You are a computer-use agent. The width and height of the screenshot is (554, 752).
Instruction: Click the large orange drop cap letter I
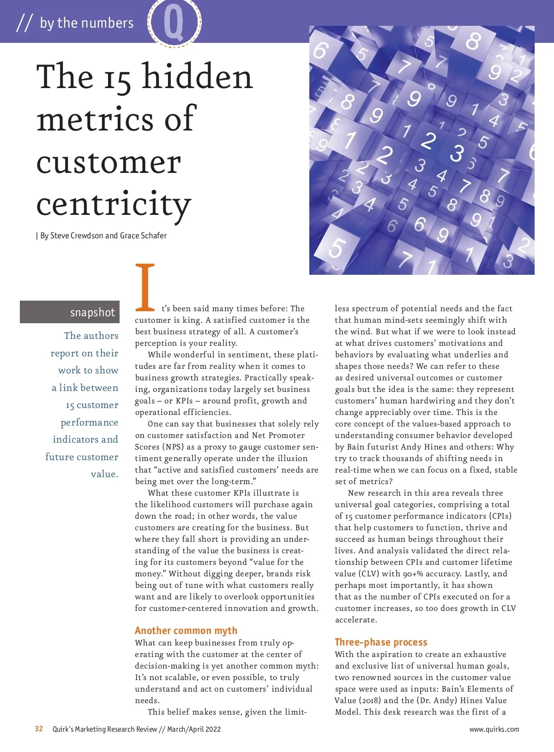click(145, 287)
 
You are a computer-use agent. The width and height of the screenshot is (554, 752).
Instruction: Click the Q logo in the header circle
click(174, 22)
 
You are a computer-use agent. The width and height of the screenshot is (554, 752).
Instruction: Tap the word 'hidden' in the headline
click(198, 77)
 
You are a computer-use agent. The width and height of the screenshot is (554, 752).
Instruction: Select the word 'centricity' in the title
click(114, 204)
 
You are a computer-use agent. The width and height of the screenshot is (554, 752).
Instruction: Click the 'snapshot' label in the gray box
click(92, 312)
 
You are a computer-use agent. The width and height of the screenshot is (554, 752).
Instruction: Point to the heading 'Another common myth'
click(186, 630)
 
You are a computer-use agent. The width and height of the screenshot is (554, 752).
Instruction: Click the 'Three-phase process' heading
click(381, 642)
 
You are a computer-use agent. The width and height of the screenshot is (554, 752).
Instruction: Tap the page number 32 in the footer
click(39, 729)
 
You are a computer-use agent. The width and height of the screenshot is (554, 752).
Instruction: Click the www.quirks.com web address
click(494, 729)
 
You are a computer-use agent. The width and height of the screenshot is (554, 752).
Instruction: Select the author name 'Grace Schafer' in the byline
click(143, 236)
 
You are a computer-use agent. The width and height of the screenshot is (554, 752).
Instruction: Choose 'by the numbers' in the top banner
click(87, 23)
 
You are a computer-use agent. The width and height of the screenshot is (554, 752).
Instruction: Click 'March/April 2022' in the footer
click(194, 729)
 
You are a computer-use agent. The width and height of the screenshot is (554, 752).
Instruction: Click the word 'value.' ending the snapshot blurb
click(104, 474)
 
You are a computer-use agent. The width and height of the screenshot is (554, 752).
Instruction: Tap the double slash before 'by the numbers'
click(24, 23)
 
